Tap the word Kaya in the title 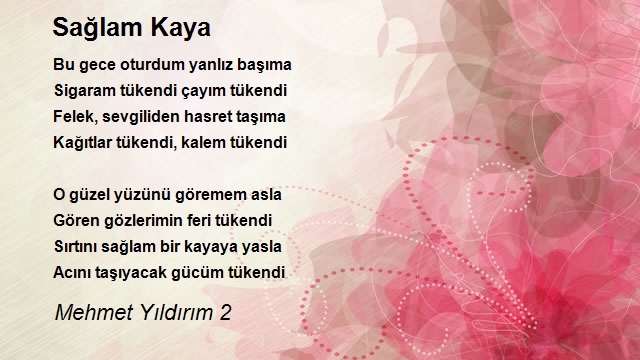tap(180, 28)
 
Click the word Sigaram tap(85, 91)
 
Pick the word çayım tap(207, 91)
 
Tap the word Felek tap(76, 117)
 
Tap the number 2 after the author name tap(226, 313)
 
